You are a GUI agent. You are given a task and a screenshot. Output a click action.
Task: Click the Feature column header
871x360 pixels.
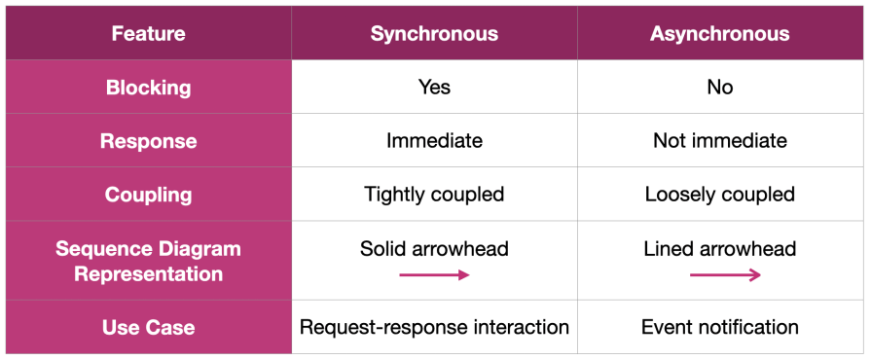tap(148, 34)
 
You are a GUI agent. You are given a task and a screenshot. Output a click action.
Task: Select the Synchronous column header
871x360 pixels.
tap(434, 34)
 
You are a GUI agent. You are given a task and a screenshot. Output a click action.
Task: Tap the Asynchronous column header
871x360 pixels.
tap(720, 34)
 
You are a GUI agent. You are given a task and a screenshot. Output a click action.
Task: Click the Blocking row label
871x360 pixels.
tap(148, 88)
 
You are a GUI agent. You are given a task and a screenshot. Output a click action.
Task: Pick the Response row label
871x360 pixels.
tap(148, 141)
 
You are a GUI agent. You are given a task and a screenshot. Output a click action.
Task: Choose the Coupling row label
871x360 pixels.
tap(148, 195)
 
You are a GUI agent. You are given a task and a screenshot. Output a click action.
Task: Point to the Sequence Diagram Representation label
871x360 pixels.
tap(148, 261)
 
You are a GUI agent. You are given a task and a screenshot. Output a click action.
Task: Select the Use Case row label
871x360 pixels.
tap(148, 328)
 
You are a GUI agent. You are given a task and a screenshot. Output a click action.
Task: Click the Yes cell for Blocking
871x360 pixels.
tap(434, 88)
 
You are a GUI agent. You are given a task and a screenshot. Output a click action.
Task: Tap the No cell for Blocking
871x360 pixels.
tap(720, 88)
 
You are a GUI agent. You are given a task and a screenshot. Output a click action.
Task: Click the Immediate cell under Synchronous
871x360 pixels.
tap(434, 141)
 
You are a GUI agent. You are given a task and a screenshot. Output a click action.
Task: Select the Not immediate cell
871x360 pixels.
tap(720, 141)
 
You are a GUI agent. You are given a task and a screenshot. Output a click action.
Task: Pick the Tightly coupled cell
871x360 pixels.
tap(434, 195)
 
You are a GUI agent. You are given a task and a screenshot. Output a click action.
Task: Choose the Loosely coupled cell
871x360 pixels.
tap(720, 195)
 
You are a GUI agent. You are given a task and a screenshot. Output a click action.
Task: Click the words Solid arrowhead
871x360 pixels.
tap(434, 249)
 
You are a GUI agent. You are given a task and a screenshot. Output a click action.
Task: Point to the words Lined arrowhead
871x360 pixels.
tap(720, 249)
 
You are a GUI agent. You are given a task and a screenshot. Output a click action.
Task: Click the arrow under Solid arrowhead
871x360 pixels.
tap(434, 275)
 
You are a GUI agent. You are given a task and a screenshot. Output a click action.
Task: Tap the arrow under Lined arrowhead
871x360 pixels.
tap(725, 275)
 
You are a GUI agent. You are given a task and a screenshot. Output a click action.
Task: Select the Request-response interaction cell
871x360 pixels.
tap(434, 328)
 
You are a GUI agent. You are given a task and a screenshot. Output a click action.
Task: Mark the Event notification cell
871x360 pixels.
tap(720, 328)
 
